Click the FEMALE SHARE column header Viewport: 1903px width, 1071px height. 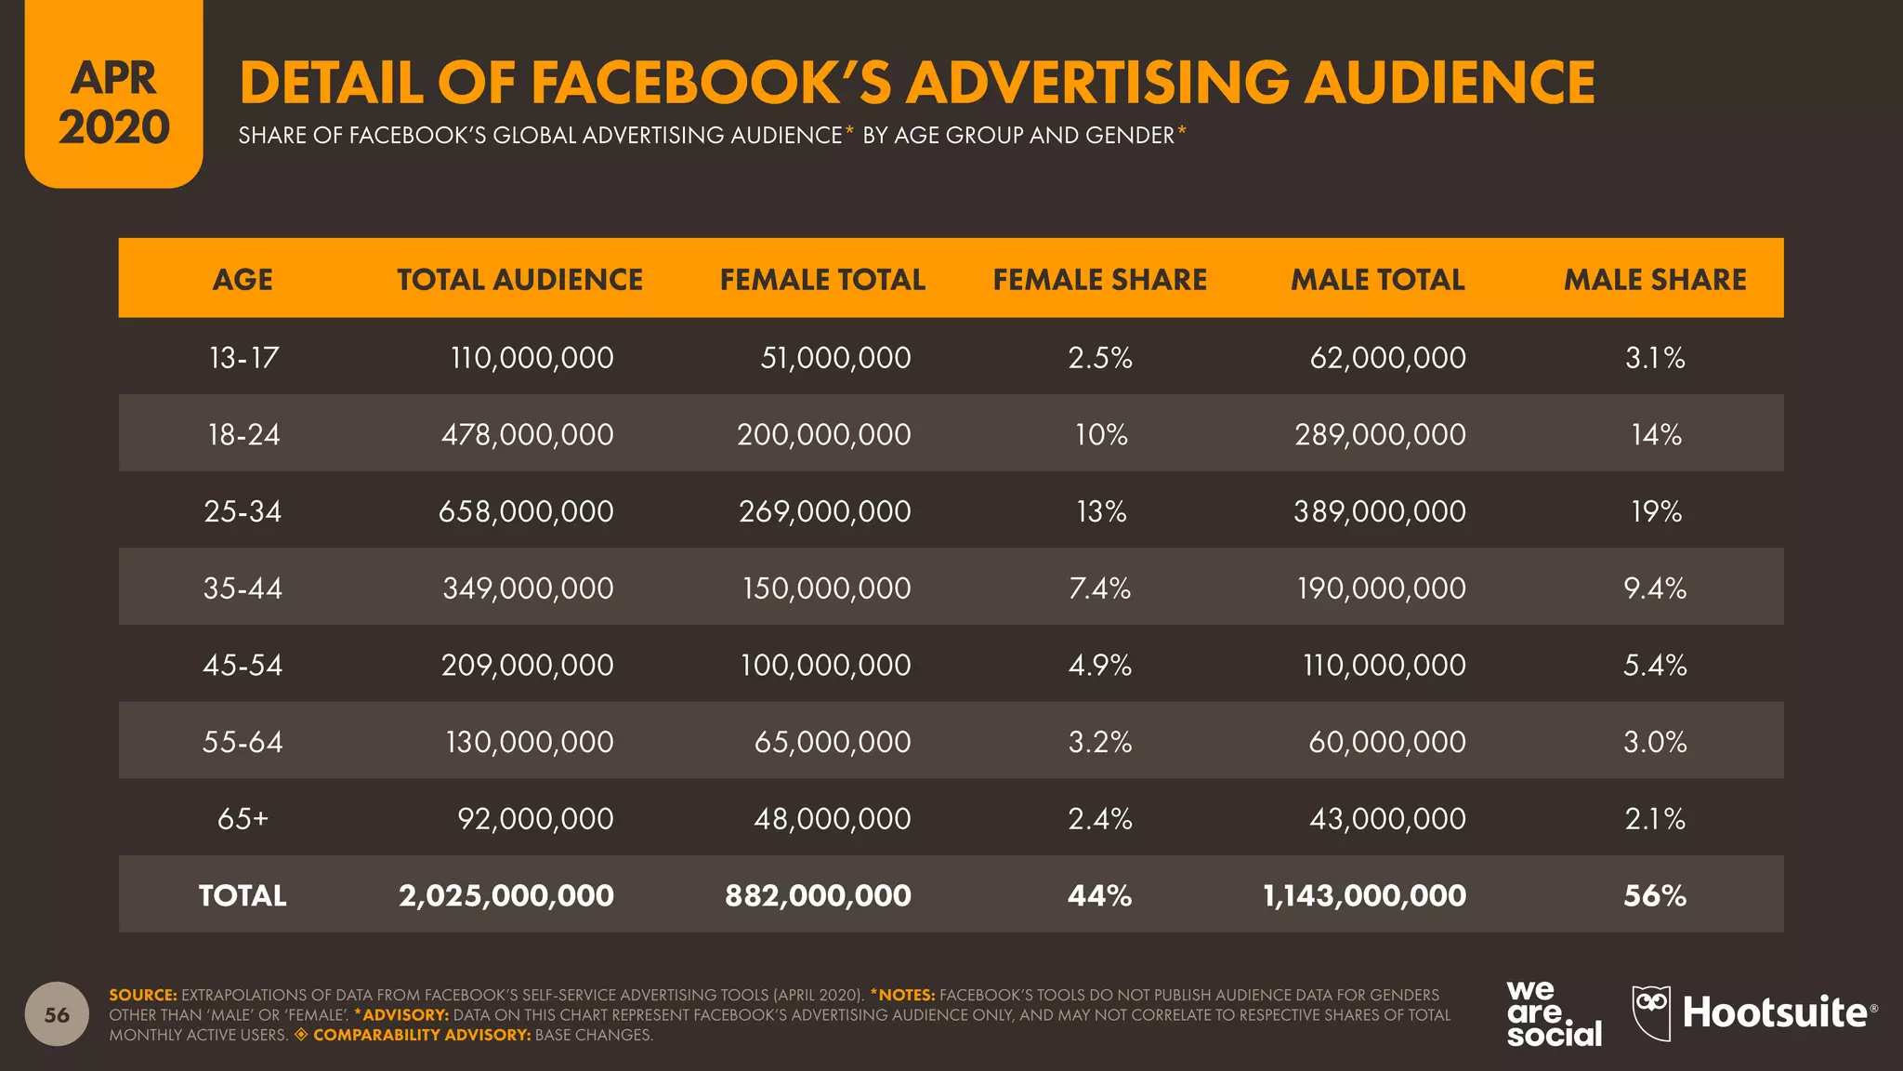1099,279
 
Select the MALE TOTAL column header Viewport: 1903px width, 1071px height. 1377,279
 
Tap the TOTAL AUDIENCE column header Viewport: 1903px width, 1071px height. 519,279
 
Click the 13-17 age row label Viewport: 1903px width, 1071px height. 243,358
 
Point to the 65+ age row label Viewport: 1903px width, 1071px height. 243,819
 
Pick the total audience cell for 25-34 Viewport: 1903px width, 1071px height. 526,511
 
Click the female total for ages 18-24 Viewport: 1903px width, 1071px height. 823,434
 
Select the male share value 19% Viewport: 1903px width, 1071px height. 1656,511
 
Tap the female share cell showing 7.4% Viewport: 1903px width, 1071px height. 1099,588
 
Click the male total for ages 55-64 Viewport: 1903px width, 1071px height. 1386,742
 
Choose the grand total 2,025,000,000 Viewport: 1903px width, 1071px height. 506,895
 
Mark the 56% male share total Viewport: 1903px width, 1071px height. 1655,895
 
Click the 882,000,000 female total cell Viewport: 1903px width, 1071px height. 818,895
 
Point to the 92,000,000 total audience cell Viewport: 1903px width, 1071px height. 535,819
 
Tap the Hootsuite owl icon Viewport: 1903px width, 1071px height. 1651,1012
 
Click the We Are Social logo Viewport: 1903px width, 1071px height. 1554,1013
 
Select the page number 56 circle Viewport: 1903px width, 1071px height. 57,1014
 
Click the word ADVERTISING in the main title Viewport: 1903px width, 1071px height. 1097,82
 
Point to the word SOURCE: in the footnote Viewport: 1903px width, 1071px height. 142,995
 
